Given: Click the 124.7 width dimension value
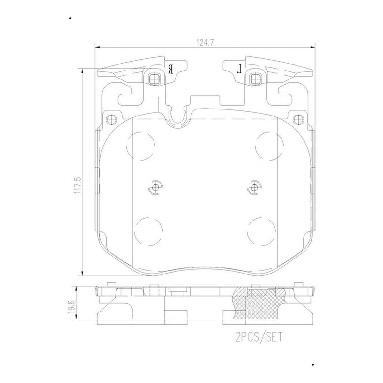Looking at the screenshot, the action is click(x=205, y=42).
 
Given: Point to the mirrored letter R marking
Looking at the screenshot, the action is click(x=171, y=69).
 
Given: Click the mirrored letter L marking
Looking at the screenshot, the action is click(x=239, y=69).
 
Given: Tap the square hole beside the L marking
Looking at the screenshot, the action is click(x=255, y=79).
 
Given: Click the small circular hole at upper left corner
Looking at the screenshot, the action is click(x=111, y=119).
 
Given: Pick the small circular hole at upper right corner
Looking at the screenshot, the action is click(x=298, y=119).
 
